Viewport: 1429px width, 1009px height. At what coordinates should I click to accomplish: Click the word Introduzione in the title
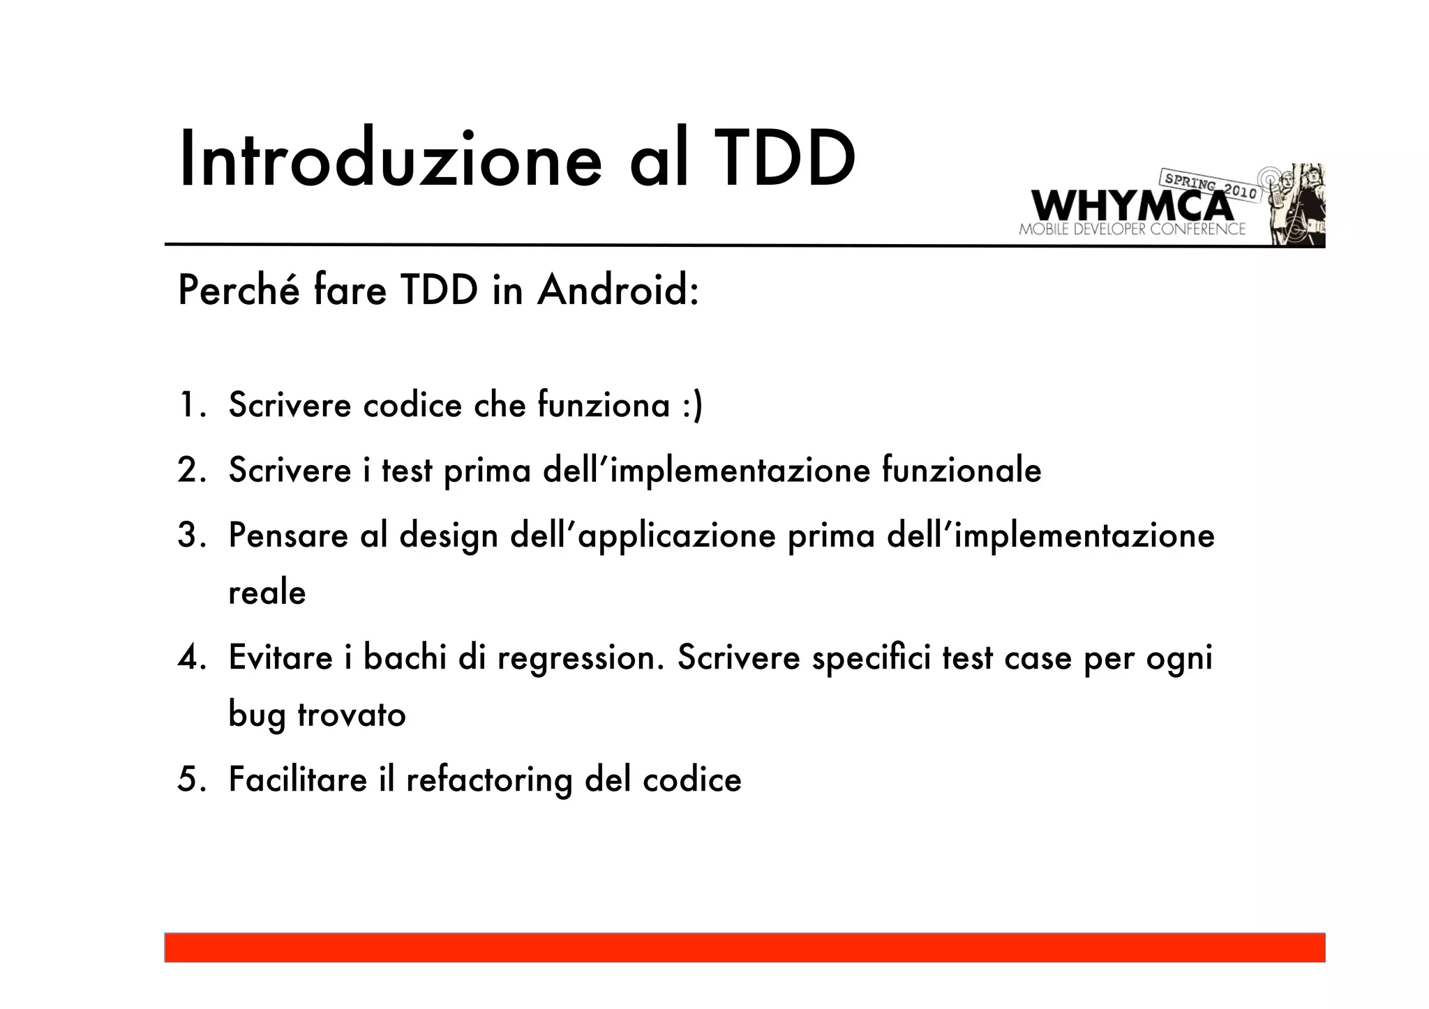pos(390,159)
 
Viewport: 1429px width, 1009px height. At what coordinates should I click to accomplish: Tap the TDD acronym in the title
pos(785,159)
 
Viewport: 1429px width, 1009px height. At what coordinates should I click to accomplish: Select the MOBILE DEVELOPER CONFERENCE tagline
pos(1132,229)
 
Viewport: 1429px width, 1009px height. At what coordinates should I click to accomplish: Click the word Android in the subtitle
pos(618,290)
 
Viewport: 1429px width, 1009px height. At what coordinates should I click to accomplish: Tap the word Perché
pos(239,290)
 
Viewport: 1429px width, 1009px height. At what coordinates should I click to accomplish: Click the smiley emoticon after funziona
pos(692,406)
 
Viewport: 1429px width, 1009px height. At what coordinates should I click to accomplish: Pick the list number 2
pos(190,470)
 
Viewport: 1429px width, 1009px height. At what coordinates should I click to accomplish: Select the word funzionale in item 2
pos(961,470)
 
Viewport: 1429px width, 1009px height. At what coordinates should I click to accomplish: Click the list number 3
pos(190,536)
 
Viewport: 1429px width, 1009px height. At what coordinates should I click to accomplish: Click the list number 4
pos(190,658)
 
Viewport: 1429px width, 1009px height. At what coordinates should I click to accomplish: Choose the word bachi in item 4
pos(405,658)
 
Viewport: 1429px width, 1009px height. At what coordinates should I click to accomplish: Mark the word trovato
pos(352,715)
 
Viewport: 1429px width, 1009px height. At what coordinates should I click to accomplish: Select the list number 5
pos(190,780)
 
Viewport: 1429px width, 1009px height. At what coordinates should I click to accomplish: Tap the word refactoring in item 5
pos(489,780)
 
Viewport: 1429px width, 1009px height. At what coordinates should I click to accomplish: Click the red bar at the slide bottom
pos(745,948)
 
